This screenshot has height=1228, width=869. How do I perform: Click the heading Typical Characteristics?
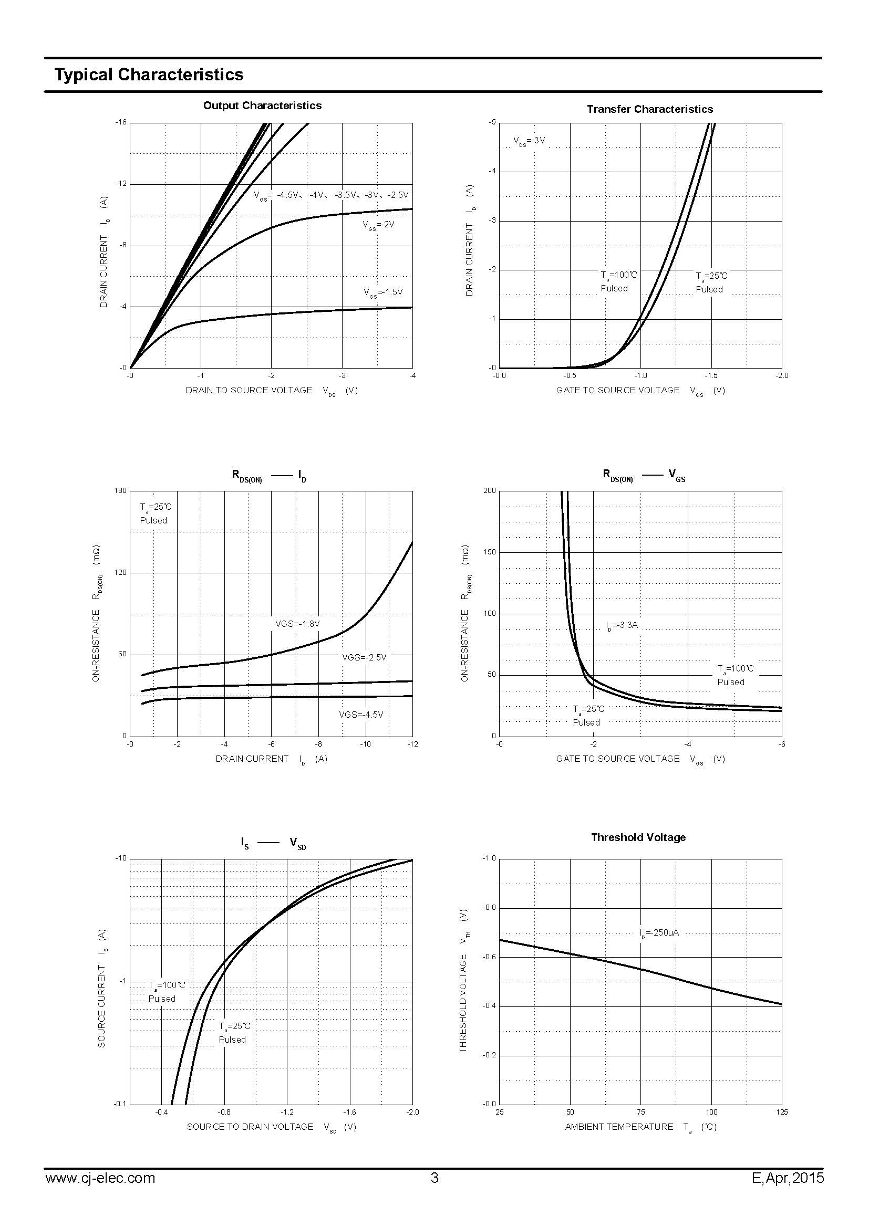(149, 75)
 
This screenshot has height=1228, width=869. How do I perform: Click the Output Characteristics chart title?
(262, 106)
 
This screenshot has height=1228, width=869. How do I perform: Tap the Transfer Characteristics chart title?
(649, 109)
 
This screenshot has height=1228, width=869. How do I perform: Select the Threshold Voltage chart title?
(638, 837)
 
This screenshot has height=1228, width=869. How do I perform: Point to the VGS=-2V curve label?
(378, 225)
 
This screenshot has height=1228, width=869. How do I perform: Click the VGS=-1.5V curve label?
(383, 292)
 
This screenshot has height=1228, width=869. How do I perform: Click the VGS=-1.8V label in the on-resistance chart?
(297, 624)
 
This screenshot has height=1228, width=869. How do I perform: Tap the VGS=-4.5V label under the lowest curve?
(361, 715)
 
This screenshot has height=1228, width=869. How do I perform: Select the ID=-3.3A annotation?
(622, 625)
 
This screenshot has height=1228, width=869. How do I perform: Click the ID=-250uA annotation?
(659, 932)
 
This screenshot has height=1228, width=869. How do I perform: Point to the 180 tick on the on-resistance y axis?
(121, 490)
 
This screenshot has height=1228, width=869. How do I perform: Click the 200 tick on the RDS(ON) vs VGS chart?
(490, 490)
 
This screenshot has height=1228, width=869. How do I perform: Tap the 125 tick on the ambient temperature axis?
(782, 1112)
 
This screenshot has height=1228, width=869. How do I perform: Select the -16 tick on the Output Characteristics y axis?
(121, 122)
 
